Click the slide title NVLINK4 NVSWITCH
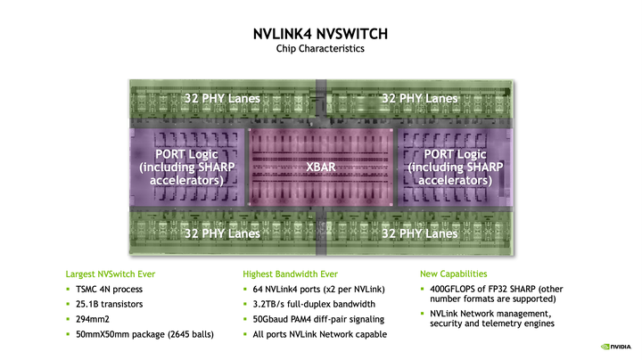click(320, 34)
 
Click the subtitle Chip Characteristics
click(320, 49)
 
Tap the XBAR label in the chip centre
click(320, 167)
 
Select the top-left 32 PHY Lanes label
click(222, 97)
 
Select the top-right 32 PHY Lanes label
click(419, 97)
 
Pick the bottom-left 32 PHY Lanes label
click(222, 233)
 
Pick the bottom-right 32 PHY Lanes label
click(419, 233)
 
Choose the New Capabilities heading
click(453, 274)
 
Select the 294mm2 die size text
click(95, 319)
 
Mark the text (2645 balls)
click(177, 334)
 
